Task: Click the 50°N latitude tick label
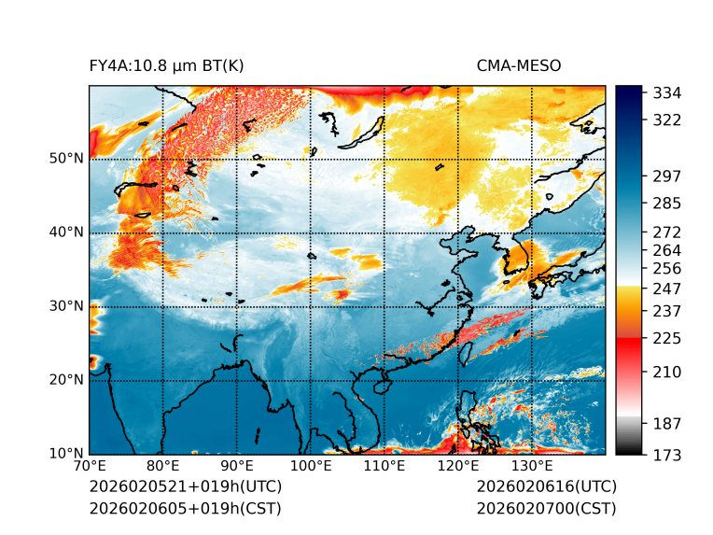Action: coord(65,158)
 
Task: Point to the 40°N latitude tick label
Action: coord(65,232)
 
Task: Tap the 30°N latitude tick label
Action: coord(65,305)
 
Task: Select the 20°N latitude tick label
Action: coord(65,380)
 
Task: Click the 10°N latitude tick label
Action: coord(65,454)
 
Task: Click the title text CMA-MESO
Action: coord(518,65)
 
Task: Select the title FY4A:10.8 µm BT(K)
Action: coord(166,65)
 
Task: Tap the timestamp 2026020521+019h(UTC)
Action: coord(185,486)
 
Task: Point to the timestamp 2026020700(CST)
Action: coord(546,508)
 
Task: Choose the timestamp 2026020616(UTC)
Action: coord(546,486)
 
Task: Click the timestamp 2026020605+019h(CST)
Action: coord(185,508)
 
